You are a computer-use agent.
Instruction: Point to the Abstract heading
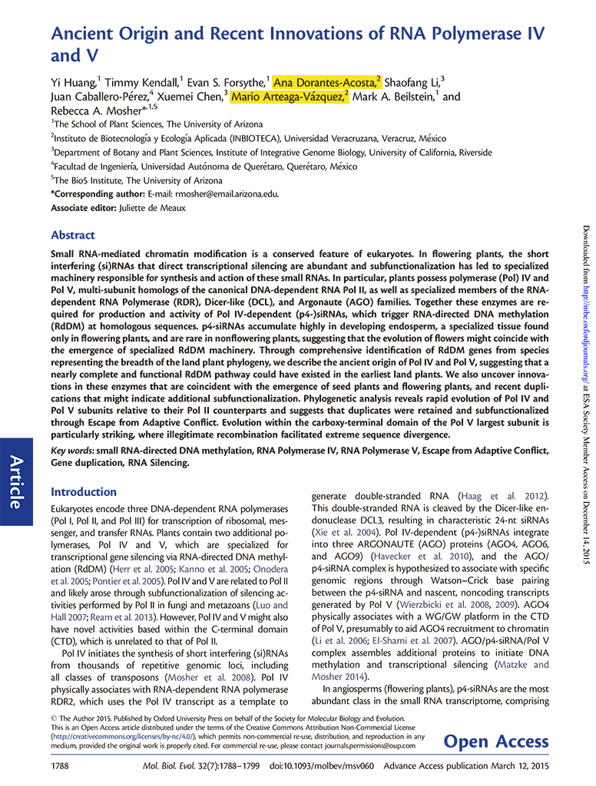[73, 235]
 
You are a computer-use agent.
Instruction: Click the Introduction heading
[83, 491]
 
